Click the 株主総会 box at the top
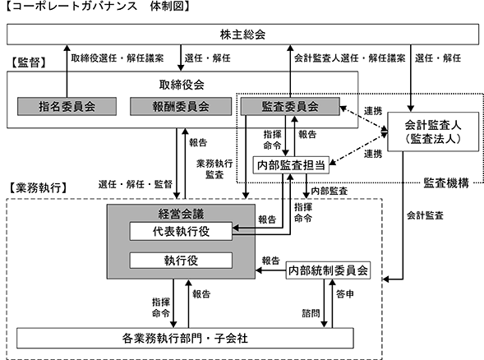[242, 35]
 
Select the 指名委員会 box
[67, 107]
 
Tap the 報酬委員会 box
[181, 107]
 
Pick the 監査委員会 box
[290, 107]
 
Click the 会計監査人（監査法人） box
[433, 132]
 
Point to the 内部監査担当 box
[291, 165]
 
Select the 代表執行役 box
[181, 231]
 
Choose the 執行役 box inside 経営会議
[181, 261]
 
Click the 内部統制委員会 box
[328, 270]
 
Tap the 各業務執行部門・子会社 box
[185, 339]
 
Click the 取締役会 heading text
[182, 85]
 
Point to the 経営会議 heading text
[181, 214]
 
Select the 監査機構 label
[446, 182]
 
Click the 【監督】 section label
[29, 62]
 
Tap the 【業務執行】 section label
[38, 187]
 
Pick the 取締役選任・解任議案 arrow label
[118, 58]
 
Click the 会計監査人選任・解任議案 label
[350, 58]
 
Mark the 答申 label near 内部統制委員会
[345, 294]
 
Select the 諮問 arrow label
[311, 313]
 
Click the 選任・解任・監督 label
[136, 184]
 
